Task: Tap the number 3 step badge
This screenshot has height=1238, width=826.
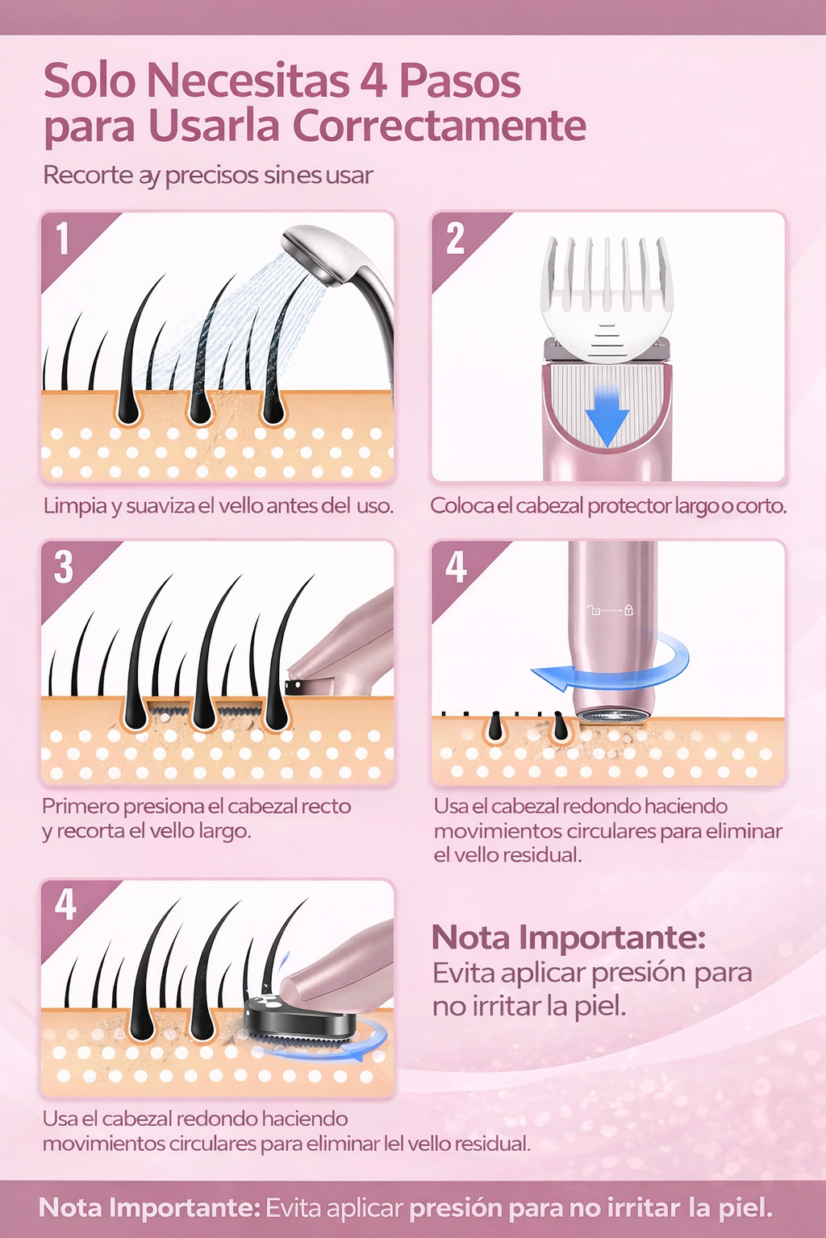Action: pos(64,567)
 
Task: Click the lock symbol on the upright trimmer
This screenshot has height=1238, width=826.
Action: pos(628,610)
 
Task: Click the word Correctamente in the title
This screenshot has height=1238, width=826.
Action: pos(439,126)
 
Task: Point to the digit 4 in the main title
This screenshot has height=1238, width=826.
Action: pos(373,81)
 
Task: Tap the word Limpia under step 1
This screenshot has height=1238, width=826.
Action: pos(75,505)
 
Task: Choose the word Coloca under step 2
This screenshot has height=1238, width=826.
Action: pos(461,505)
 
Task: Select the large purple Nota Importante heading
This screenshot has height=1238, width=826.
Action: pos(569,937)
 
